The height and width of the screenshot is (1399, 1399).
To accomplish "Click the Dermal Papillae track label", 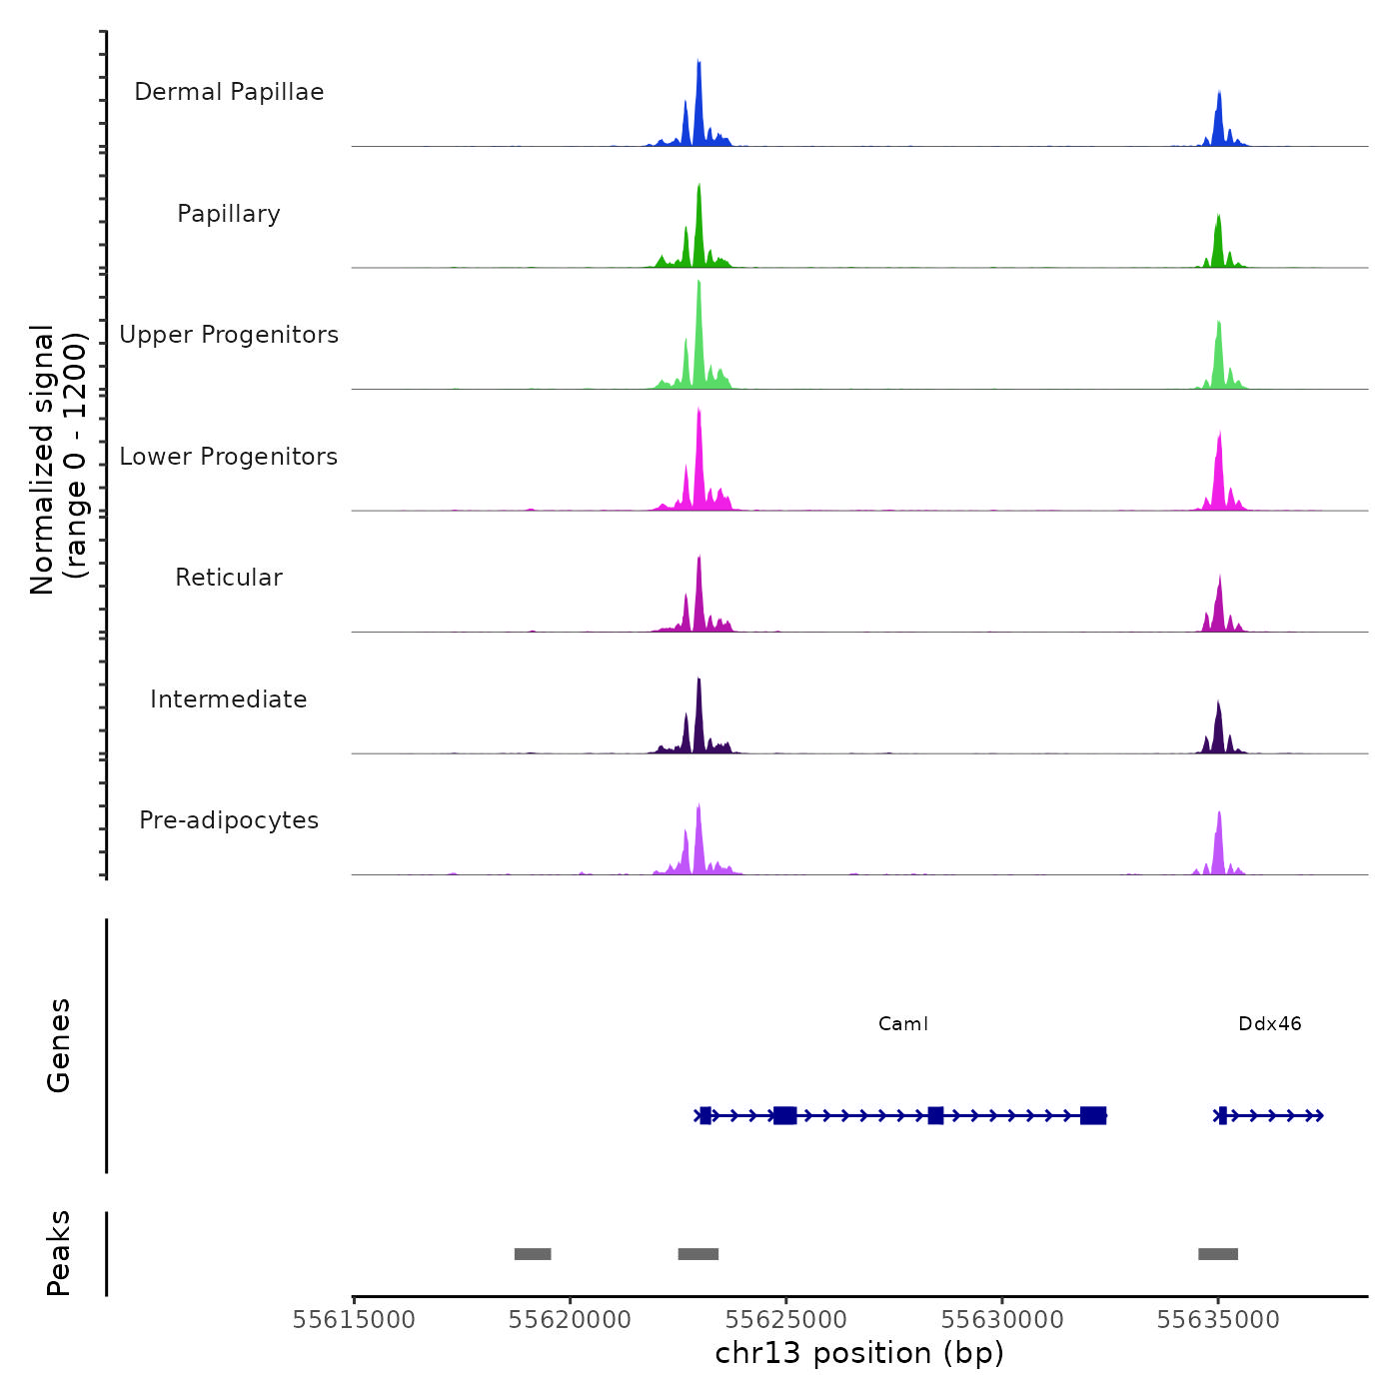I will [x=229, y=92].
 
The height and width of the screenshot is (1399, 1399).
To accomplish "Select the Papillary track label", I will [x=229, y=214].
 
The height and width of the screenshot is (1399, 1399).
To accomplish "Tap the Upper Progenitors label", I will [x=229, y=335].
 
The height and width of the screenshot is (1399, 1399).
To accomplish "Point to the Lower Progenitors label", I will [x=229, y=457].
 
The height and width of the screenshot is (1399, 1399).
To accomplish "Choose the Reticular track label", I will [x=229, y=578].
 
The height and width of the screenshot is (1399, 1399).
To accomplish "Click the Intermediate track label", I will [x=229, y=699].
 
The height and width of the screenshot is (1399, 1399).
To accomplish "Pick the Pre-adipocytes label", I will [x=229, y=820].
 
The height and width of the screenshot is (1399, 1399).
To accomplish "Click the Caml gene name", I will [x=903, y=1024].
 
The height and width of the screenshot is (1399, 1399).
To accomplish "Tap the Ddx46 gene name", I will [x=1270, y=1024].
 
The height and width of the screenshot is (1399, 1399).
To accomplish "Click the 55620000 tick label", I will [x=570, y=1320].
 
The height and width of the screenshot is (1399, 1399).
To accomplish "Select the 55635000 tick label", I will [x=1218, y=1320].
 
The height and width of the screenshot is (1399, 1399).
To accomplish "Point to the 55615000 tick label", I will [x=354, y=1320].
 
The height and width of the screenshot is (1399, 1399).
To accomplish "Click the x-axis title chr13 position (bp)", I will [x=859, y=1353].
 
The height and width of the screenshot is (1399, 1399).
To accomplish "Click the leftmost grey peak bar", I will [x=533, y=1254].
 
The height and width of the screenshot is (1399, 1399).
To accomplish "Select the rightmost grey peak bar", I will [x=1218, y=1254].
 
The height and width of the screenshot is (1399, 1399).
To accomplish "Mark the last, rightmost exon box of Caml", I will [x=1093, y=1115].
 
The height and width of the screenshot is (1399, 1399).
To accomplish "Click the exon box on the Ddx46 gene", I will [x=1222, y=1115].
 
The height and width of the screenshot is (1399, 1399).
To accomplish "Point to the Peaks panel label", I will [x=59, y=1253].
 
